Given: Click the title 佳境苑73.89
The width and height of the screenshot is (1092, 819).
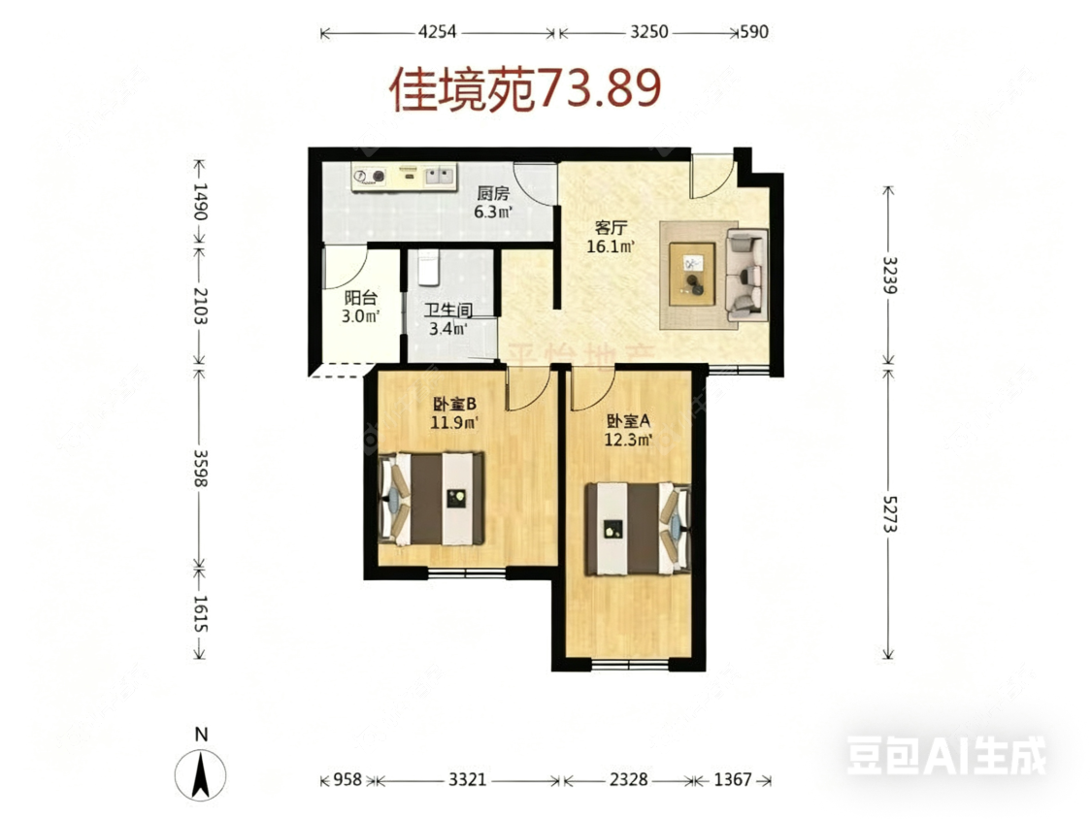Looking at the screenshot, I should (525, 90).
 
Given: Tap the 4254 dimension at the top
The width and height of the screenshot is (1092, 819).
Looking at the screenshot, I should (439, 32).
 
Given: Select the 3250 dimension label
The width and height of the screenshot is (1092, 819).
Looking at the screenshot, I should (648, 32).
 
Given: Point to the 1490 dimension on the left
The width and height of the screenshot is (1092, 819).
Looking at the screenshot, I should (199, 203).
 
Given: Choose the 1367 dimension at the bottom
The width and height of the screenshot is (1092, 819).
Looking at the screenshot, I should (735, 779).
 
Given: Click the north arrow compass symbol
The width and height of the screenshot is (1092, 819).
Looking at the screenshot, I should (200, 775).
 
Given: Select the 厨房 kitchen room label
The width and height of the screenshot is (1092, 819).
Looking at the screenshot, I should (493, 193).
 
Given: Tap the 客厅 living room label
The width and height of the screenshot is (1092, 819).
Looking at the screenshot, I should (612, 228).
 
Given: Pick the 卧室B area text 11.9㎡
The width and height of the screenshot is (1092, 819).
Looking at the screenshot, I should (454, 422).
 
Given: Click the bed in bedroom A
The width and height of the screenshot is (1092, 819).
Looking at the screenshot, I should (636, 529).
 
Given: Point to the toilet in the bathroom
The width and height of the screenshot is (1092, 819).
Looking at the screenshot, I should (428, 268).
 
